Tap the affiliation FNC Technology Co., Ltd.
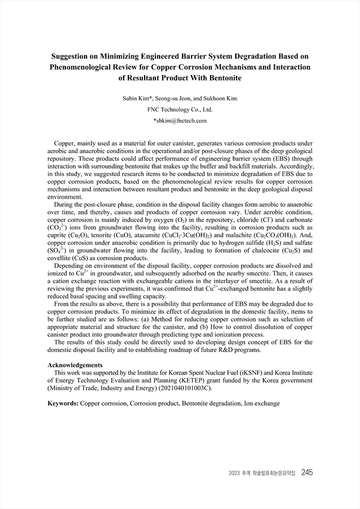tap(179, 109)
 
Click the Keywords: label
tap(63, 404)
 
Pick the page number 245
tap(307, 472)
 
